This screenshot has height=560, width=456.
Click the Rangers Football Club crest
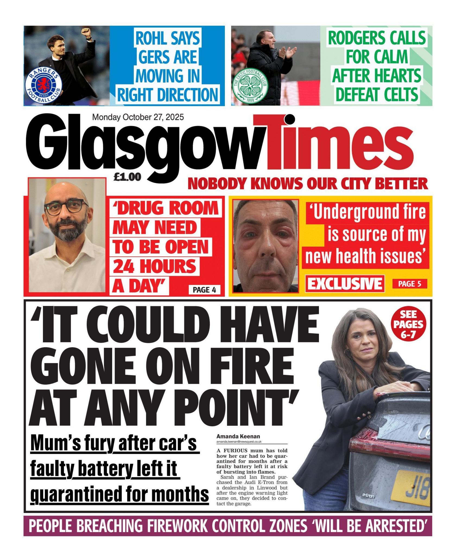tap(43, 85)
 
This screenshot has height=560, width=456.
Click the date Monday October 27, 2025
tap(138, 117)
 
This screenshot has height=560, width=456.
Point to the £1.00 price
tap(127, 177)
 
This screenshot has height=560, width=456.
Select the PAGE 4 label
tap(204, 290)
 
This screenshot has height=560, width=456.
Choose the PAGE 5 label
tap(410, 284)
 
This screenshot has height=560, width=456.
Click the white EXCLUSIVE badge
tap(345, 284)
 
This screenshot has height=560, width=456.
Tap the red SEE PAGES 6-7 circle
tap(408, 325)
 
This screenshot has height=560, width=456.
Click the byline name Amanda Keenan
tap(238, 436)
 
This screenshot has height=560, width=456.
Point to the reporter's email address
tap(239, 442)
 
